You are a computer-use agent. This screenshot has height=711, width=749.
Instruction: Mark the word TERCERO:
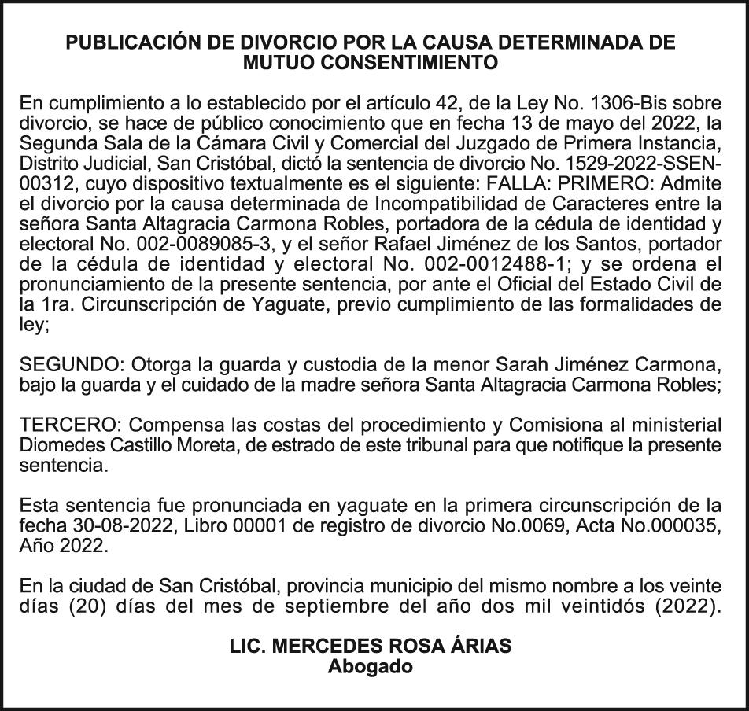pos(68,425)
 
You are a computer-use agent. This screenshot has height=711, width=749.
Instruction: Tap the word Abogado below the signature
pos(370,666)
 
